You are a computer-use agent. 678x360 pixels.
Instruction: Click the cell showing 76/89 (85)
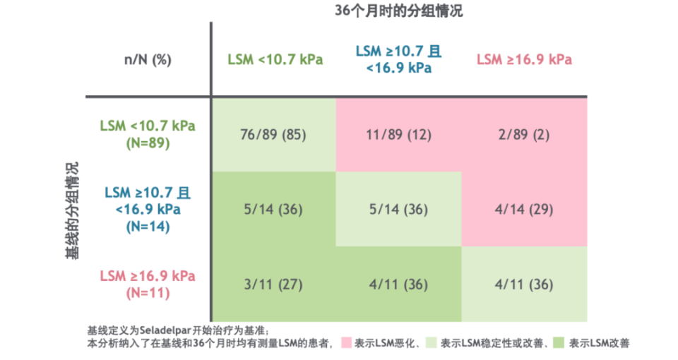click(x=274, y=135)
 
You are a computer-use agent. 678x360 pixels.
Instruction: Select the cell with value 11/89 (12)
click(x=399, y=135)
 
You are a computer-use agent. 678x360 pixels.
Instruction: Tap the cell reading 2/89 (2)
click(x=525, y=135)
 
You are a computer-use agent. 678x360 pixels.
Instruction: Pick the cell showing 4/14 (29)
click(x=525, y=210)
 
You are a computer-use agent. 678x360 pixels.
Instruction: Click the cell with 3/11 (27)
click(x=274, y=285)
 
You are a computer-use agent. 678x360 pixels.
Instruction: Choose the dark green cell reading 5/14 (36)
click(x=274, y=210)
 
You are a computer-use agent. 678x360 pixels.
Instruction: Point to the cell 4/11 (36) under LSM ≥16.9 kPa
click(x=525, y=285)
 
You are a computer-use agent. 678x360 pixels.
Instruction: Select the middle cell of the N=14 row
click(x=399, y=210)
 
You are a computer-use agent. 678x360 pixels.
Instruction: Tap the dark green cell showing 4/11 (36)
click(x=399, y=285)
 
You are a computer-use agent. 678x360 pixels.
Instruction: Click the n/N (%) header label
click(x=148, y=59)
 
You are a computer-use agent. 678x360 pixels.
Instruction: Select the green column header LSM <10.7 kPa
click(x=275, y=59)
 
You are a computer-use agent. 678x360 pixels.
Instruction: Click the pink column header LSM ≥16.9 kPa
click(x=524, y=59)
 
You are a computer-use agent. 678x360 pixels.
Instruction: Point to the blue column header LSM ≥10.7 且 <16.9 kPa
click(x=399, y=59)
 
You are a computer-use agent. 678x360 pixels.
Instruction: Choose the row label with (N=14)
click(x=148, y=210)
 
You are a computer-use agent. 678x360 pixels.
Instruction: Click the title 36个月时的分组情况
click(x=399, y=11)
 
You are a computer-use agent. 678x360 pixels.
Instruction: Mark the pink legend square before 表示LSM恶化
click(x=345, y=344)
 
